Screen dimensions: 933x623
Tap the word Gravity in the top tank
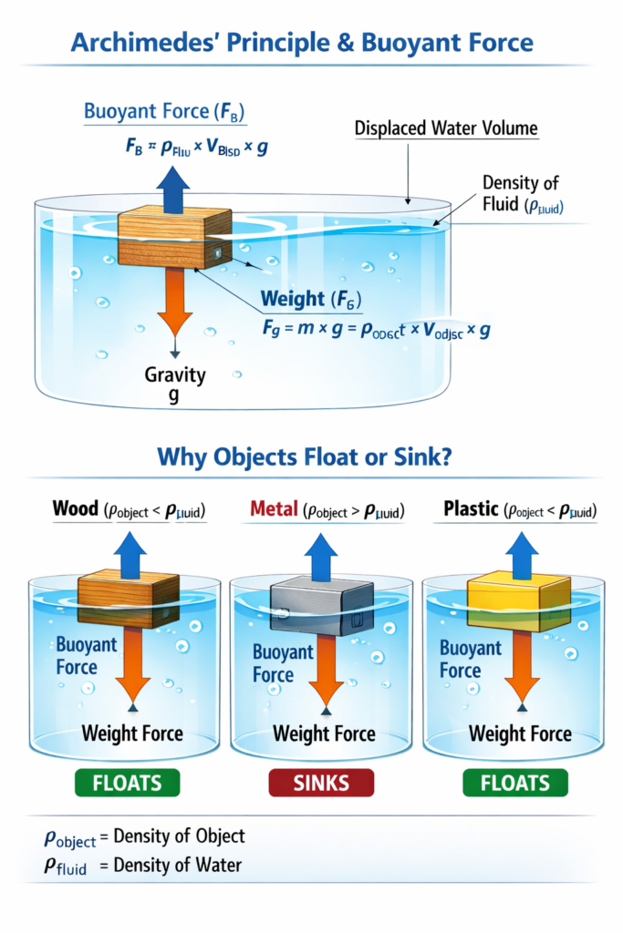click(176, 374)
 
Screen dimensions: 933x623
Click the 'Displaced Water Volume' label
click(446, 129)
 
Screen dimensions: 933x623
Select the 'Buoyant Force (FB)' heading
click(164, 113)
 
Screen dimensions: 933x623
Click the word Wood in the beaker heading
click(75, 508)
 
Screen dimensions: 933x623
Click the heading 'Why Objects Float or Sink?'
click(306, 456)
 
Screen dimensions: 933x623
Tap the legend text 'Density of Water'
click(178, 865)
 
